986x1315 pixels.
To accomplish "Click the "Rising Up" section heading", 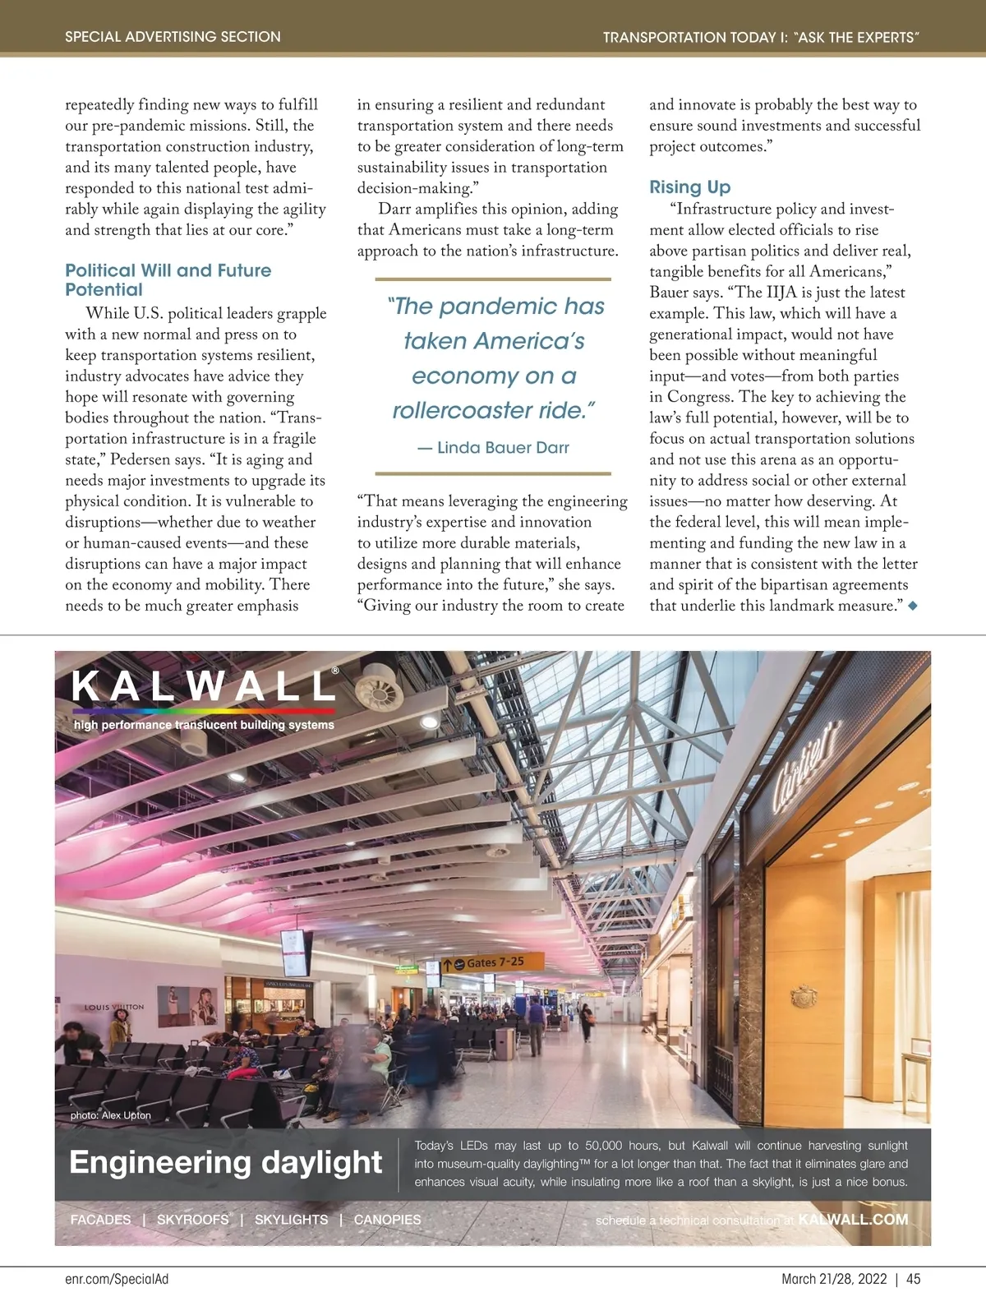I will coord(689,187).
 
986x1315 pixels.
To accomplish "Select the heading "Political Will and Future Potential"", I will coord(168,279).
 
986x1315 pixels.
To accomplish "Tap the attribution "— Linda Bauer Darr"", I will coord(493,448).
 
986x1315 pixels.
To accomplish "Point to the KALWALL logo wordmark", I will coord(204,686).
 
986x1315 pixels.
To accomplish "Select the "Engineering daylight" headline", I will coord(225,1162).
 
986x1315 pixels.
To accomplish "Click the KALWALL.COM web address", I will coord(853,1220).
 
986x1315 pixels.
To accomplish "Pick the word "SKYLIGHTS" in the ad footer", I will coord(291,1220).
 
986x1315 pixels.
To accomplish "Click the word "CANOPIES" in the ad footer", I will coord(387,1220).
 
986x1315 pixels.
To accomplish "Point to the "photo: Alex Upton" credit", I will coord(110,1115).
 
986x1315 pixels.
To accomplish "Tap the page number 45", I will coord(913,1279).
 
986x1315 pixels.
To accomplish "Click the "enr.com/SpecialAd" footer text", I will coord(117,1279).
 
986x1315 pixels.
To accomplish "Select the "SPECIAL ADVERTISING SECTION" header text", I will coord(173,37).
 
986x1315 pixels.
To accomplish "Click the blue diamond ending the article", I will coord(912,606).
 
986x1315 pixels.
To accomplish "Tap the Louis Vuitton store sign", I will coord(114,1007).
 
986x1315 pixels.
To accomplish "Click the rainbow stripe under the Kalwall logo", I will coord(204,710).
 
